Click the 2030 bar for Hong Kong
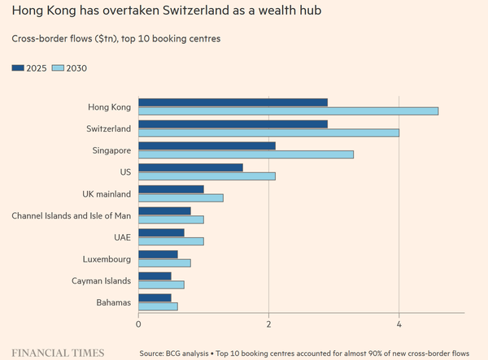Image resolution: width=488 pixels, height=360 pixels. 288,111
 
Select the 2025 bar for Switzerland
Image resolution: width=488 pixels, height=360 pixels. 233,124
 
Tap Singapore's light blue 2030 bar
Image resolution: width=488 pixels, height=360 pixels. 246,154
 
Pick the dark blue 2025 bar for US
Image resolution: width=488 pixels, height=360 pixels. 191,168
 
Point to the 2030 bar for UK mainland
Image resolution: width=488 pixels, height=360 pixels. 181,198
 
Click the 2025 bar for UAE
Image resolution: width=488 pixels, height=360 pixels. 161,233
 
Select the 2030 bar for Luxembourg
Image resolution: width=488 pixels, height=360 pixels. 164,263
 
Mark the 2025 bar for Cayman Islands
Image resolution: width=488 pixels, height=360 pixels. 155,276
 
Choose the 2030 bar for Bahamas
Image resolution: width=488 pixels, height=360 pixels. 158,306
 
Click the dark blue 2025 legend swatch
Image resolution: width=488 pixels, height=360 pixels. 18,68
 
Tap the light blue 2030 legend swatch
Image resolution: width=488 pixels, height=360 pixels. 58,68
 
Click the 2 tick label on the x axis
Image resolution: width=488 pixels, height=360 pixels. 268,324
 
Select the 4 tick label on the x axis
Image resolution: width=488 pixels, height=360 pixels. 399,324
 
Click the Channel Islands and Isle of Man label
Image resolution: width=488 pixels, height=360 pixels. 72,215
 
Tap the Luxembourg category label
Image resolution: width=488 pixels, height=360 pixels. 107,259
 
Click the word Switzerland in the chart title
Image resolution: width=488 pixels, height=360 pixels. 196,11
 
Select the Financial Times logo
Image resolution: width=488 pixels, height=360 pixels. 58,353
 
